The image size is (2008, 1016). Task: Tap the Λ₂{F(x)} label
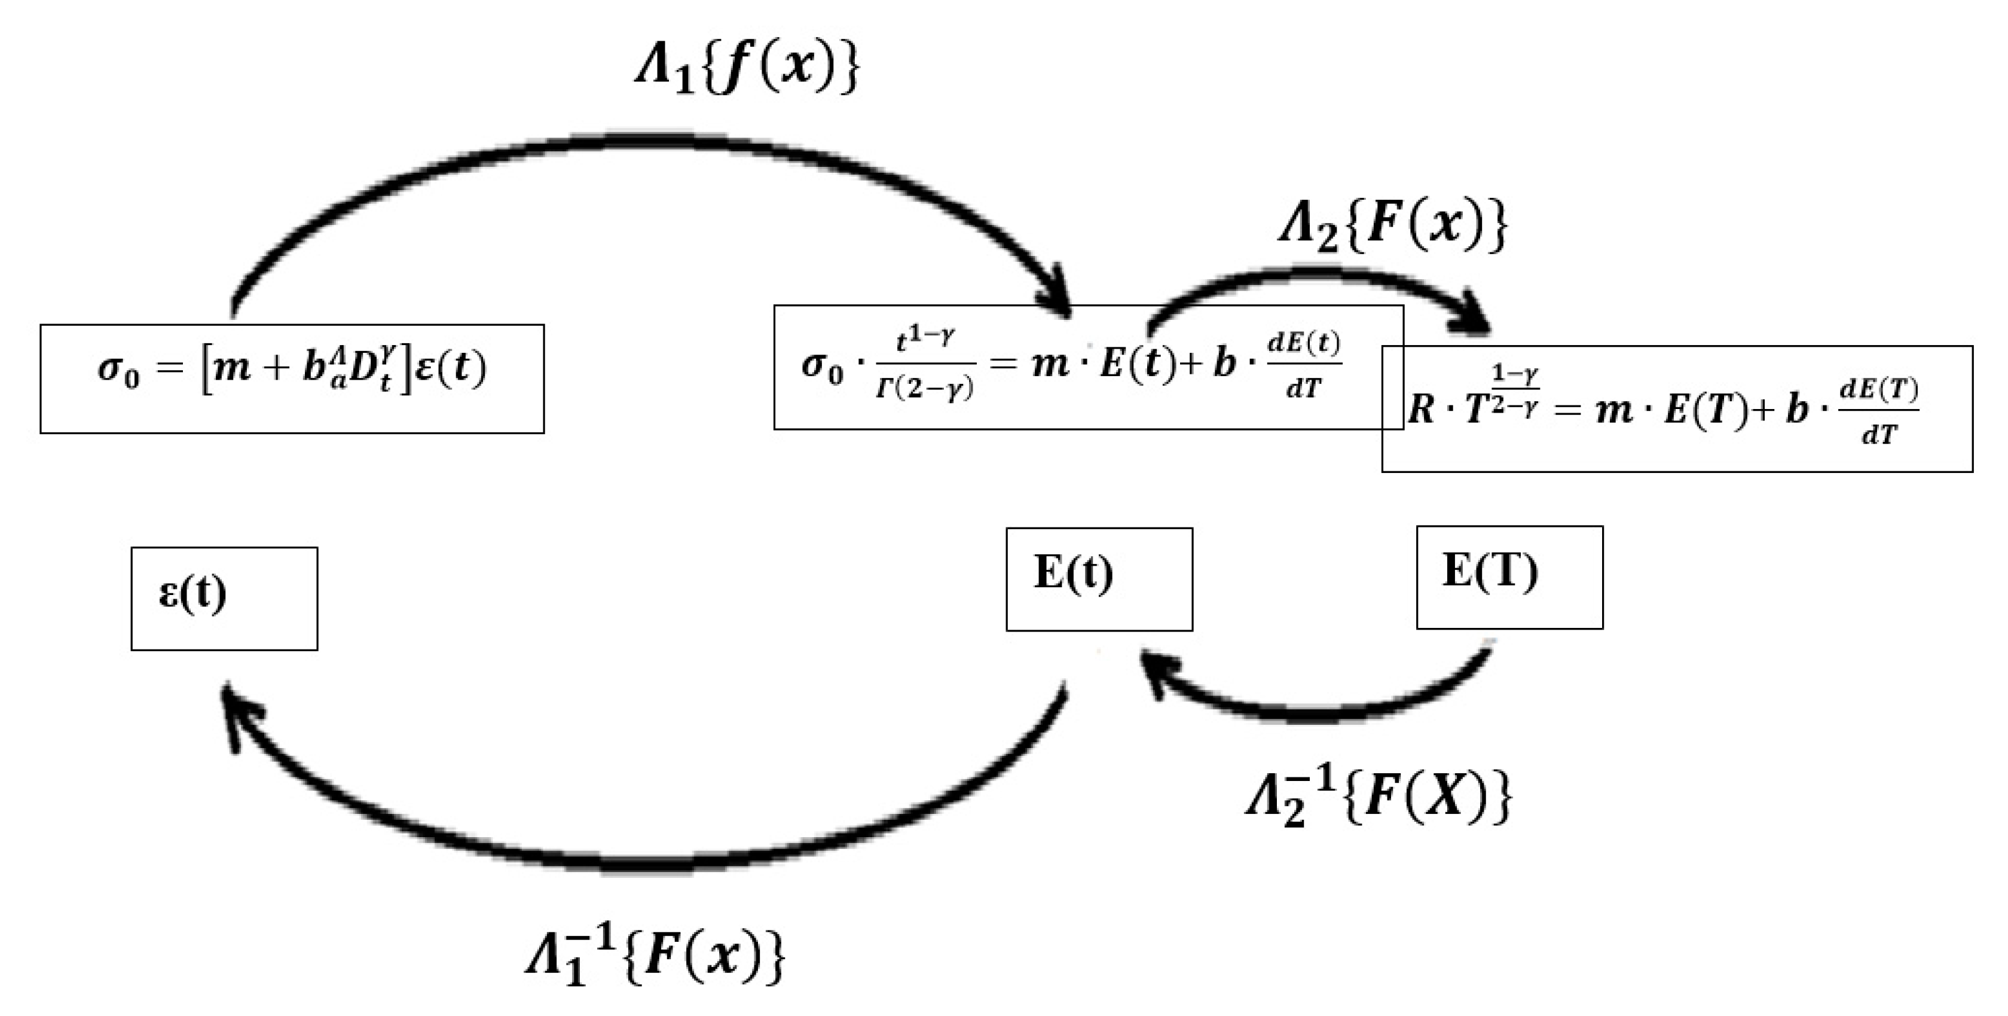point(1393,226)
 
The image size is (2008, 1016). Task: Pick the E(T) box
point(1508,577)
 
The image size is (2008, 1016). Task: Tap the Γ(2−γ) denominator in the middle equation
point(924,388)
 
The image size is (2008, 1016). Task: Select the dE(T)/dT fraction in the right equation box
point(1879,411)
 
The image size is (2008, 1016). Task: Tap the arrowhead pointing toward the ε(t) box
point(236,711)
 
